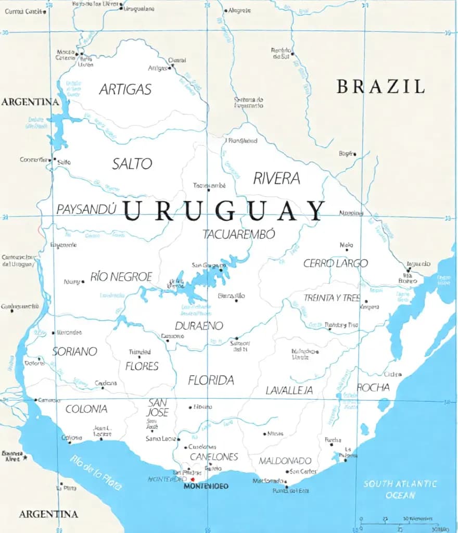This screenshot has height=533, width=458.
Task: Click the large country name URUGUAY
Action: [x=224, y=211]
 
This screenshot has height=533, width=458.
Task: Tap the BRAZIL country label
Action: [x=380, y=86]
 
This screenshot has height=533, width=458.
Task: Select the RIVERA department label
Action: [x=276, y=179]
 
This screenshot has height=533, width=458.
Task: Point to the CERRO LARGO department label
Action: [x=336, y=263]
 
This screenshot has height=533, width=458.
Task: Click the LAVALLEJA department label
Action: [x=289, y=390]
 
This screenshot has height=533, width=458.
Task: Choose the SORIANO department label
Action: [x=74, y=352]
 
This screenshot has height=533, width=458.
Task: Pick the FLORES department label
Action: [x=142, y=366]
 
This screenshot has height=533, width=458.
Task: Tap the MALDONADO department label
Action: [x=285, y=461]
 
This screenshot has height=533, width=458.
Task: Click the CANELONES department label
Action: [x=213, y=456]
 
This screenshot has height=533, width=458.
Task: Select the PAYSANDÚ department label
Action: [x=86, y=209]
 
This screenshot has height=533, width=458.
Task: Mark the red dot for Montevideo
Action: [x=193, y=479]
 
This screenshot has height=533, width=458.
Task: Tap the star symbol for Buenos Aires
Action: [x=24, y=458]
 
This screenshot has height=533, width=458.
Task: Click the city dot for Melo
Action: [x=347, y=250]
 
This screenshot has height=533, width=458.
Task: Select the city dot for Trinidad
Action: [x=139, y=357]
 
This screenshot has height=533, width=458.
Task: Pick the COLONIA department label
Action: [x=86, y=409]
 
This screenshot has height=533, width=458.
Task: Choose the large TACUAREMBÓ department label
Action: [x=239, y=234]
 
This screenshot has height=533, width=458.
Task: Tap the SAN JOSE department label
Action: [x=158, y=408]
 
